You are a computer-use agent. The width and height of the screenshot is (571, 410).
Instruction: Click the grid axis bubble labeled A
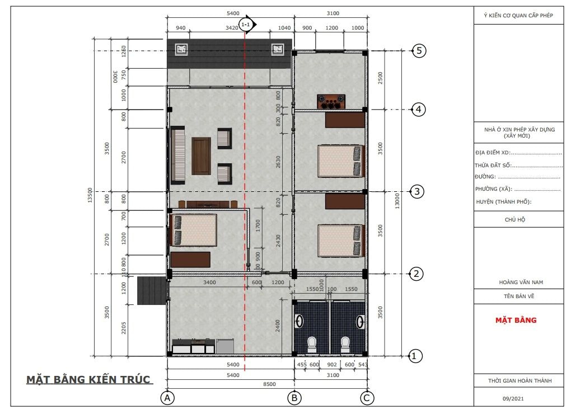[166, 398]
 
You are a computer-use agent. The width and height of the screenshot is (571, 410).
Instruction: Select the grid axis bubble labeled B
[294, 398]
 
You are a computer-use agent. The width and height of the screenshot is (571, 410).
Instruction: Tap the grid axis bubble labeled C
[367, 398]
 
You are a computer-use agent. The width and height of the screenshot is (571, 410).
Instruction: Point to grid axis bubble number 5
[419, 51]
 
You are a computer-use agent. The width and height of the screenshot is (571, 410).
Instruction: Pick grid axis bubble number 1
[414, 355]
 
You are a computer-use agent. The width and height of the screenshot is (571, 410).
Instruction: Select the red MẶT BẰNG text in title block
[516, 321]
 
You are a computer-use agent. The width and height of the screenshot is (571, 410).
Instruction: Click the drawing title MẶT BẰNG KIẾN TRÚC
[89, 380]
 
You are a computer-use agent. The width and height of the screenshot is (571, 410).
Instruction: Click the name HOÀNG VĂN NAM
[521, 282]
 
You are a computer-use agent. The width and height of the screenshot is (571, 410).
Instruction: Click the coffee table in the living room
[201, 155]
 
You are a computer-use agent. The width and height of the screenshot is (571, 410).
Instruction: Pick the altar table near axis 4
[331, 101]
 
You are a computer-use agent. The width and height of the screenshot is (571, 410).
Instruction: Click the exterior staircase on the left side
[149, 290]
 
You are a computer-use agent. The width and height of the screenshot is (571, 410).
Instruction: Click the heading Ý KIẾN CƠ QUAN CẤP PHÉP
[518, 16]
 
